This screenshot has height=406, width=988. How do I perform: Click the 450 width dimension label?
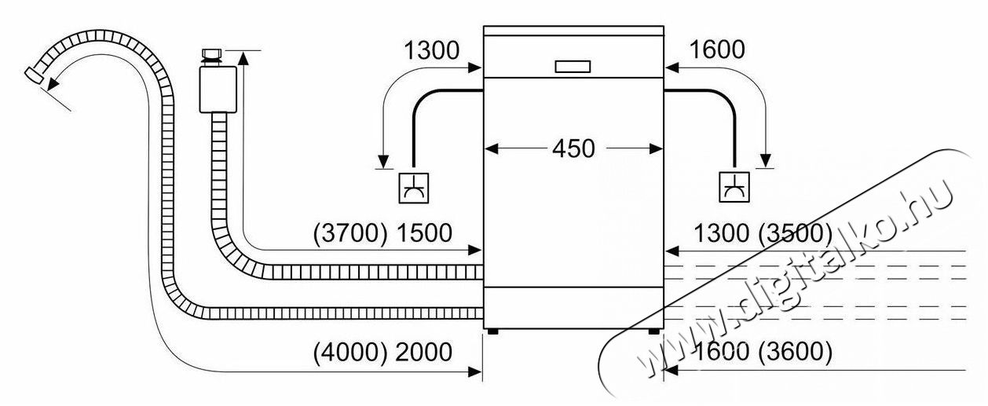[x=573, y=148]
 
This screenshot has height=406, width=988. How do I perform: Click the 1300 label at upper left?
[x=431, y=51]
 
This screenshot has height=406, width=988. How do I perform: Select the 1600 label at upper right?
[x=716, y=51]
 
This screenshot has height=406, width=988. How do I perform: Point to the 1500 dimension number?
[x=423, y=233]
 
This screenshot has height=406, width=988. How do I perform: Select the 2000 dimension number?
[x=423, y=353]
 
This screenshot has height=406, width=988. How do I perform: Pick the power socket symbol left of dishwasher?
[x=413, y=186]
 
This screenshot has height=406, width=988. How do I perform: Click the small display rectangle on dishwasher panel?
[x=573, y=66]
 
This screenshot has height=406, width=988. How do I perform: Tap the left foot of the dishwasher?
[x=492, y=331]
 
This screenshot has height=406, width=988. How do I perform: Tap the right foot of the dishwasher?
[x=653, y=331]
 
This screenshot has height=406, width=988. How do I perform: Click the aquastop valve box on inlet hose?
[x=218, y=89]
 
